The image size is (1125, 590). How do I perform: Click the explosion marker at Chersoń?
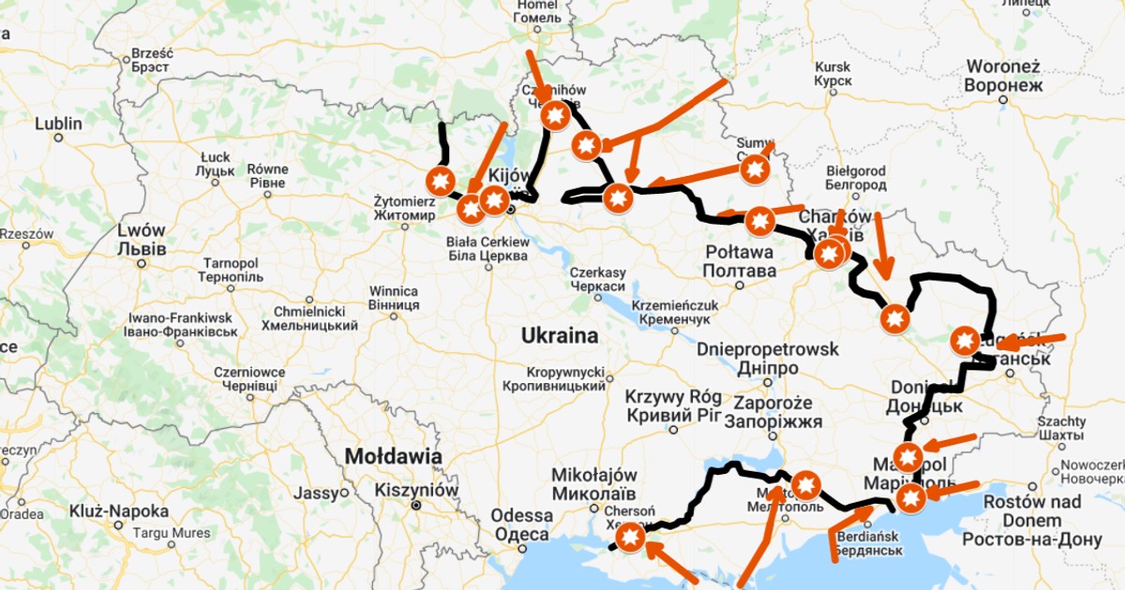tap(630, 536)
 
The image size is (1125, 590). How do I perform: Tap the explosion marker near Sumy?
tap(755, 170)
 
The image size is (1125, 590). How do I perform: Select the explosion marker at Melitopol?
tap(806, 485)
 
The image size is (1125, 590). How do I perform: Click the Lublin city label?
tap(58, 124)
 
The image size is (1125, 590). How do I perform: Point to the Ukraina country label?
tap(561, 334)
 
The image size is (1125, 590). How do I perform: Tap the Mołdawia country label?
tap(393, 456)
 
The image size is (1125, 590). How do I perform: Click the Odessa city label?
tap(521, 524)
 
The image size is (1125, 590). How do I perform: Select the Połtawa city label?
tap(741, 260)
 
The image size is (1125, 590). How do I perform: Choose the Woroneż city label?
tap(1004, 75)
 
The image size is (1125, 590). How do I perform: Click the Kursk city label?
tap(832, 74)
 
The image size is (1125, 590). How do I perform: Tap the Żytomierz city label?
tap(404, 208)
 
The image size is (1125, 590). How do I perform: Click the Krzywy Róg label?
tap(673, 405)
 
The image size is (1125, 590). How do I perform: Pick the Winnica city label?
tap(393, 297)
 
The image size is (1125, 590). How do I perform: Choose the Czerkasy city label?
tap(597, 279)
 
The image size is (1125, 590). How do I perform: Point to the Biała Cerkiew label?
tap(487, 248)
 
